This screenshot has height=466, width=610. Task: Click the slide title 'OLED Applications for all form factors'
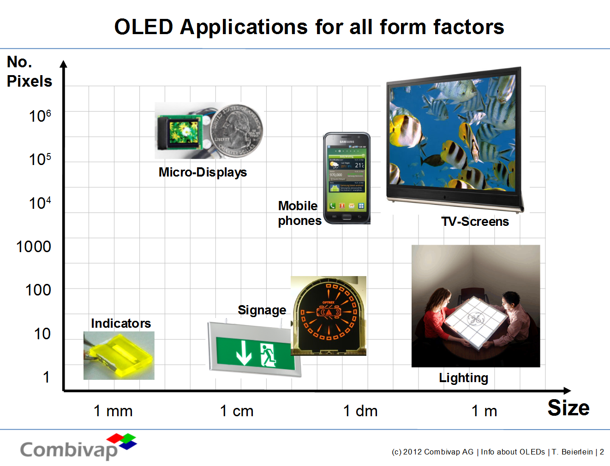[309, 27]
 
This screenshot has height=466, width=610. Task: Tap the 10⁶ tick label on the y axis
[40, 116]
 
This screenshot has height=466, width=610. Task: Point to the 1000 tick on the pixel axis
[34, 247]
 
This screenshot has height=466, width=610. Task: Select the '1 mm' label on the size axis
[113, 410]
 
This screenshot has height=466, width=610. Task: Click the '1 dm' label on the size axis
[360, 410]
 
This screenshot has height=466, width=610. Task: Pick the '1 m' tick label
[484, 410]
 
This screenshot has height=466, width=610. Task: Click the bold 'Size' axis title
[568, 408]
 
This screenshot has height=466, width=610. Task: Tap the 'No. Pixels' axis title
[29, 71]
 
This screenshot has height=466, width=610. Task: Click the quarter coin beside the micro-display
[237, 130]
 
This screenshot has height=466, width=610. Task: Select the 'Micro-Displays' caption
[203, 172]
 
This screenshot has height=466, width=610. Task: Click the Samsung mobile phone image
[347, 178]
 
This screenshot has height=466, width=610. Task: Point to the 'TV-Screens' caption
[475, 221]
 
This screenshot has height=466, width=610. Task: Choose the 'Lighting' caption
[463, 378]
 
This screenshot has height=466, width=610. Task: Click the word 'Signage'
[262, 310]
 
